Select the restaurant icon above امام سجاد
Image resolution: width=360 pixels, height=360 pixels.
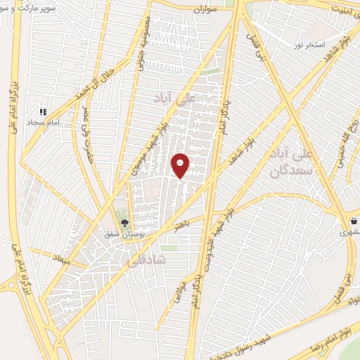pyautogui.click(x=43, y=111)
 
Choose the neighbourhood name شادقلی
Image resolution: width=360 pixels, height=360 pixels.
pyautogui.click(x=146, y=259)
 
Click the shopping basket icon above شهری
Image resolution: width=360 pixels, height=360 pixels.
pyautogui.click(x=353, y=219)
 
